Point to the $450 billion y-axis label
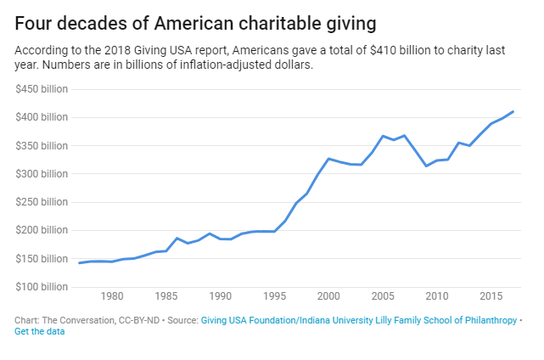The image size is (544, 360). (x=42, y=88)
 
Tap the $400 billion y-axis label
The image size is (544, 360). (x=42, y=117)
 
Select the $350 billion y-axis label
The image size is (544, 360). (x=42, y=145)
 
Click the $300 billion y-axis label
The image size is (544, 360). (x=42, y=173)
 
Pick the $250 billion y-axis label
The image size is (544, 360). (x=42, y=202)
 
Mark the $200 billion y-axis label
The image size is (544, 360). (x=42, y=230)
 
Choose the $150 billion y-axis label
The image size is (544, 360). (x=42, y=258)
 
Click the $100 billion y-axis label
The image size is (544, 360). (x=42, y=287)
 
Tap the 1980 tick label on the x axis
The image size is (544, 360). (x=112, y=296)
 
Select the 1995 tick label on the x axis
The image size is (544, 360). (x=274, y=296)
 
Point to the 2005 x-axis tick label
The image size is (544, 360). (x=383, y=296)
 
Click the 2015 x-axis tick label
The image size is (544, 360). (x=491, y=296)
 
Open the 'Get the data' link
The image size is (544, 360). (x=40, y=331)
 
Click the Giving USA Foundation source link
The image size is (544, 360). (x=357, y=320)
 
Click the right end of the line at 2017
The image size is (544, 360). (x=513, y=111)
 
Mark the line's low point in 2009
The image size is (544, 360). (x=426, y=166)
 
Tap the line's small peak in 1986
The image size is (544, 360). (x=177, y=238)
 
